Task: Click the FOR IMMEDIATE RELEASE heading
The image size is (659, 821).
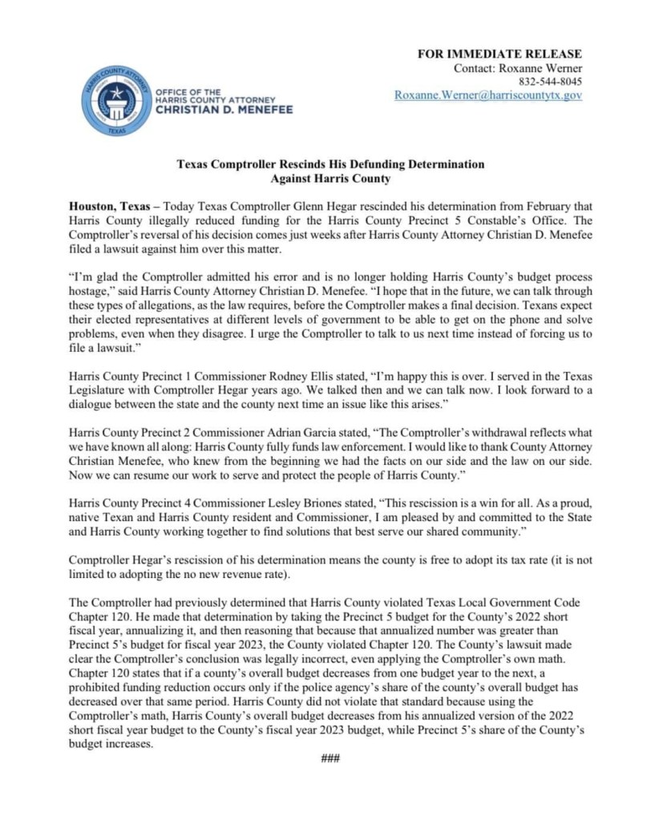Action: pos(500,54)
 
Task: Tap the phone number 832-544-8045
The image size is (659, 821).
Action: pos(551,82)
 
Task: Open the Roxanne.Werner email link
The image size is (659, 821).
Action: pos(488,95)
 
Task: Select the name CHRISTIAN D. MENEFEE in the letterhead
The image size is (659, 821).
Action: pos(224,109)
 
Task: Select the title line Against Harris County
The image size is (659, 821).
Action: pos(330,178)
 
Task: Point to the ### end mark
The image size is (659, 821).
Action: pos(329,758)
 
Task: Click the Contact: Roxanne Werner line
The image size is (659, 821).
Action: pos(518,68)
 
